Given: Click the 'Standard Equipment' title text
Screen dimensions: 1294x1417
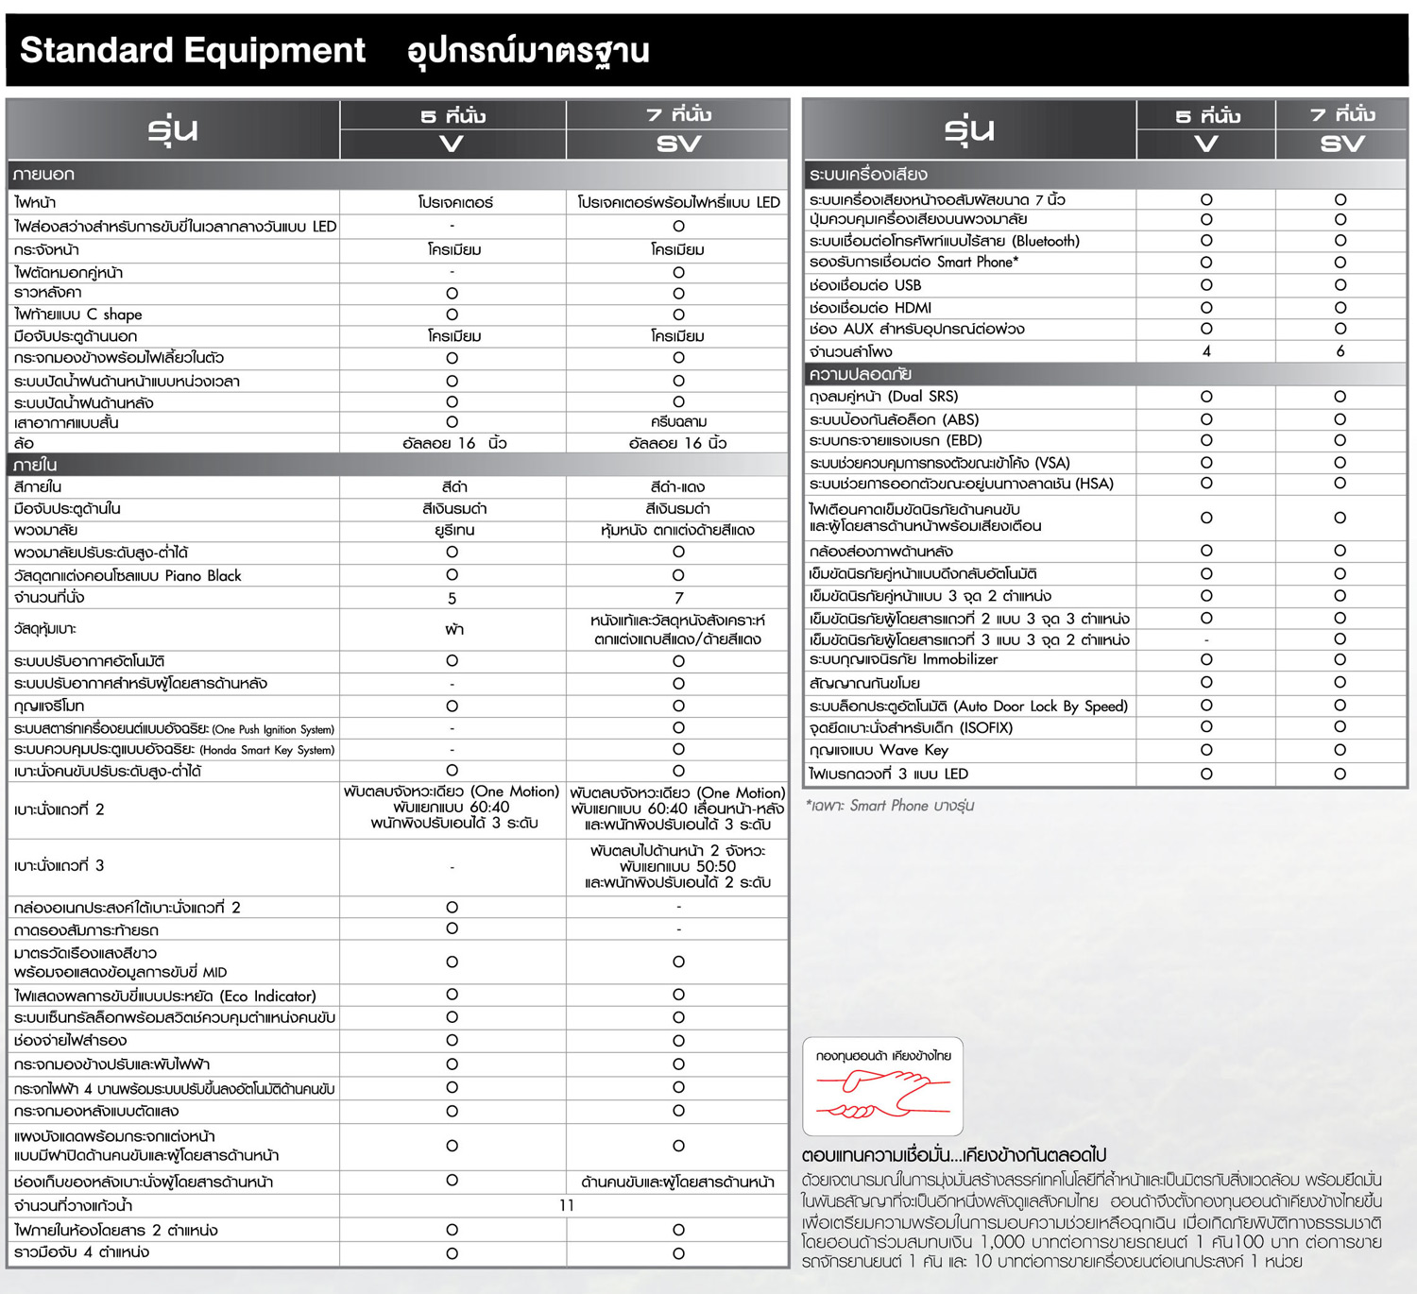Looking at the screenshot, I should tap(193, 50).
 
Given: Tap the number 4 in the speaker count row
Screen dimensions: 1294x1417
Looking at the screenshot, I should tap(1206, 351).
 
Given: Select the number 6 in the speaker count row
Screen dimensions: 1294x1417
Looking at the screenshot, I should tap(1340, 351).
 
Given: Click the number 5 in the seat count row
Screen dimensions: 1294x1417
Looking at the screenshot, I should tap(452, 598).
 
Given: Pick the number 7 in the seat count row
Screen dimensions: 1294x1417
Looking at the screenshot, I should tap(678, 598).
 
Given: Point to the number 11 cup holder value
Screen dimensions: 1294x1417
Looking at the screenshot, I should tap(566, 1205).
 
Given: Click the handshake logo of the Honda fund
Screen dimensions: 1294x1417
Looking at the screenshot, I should tap(882, 1094).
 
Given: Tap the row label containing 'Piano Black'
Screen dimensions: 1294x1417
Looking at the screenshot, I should tap(128, 576).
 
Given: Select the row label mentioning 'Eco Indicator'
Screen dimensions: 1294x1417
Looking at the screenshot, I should tap(165, 996).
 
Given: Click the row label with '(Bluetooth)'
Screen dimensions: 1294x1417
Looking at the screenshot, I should tap(944, 241).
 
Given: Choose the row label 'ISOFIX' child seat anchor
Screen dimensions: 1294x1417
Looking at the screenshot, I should tap(911, 728).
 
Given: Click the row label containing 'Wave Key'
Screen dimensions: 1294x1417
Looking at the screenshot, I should tap(879, 750).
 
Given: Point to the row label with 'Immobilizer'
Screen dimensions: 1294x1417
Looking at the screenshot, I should tap(903, 659).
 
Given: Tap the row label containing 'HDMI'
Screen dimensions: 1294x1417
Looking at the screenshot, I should tap(870, 307).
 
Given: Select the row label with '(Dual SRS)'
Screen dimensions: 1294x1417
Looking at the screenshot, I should tap(883, 397).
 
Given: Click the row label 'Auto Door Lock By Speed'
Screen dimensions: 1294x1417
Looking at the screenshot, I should tap(968, 706).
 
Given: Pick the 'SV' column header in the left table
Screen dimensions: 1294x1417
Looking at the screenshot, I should tap(678, 145).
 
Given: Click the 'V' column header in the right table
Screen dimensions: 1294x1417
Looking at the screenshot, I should tap(1206, 145).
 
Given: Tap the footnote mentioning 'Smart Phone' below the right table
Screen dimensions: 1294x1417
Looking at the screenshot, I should tap(890, 806).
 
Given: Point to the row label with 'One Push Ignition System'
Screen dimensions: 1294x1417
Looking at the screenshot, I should tap(174, 729).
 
